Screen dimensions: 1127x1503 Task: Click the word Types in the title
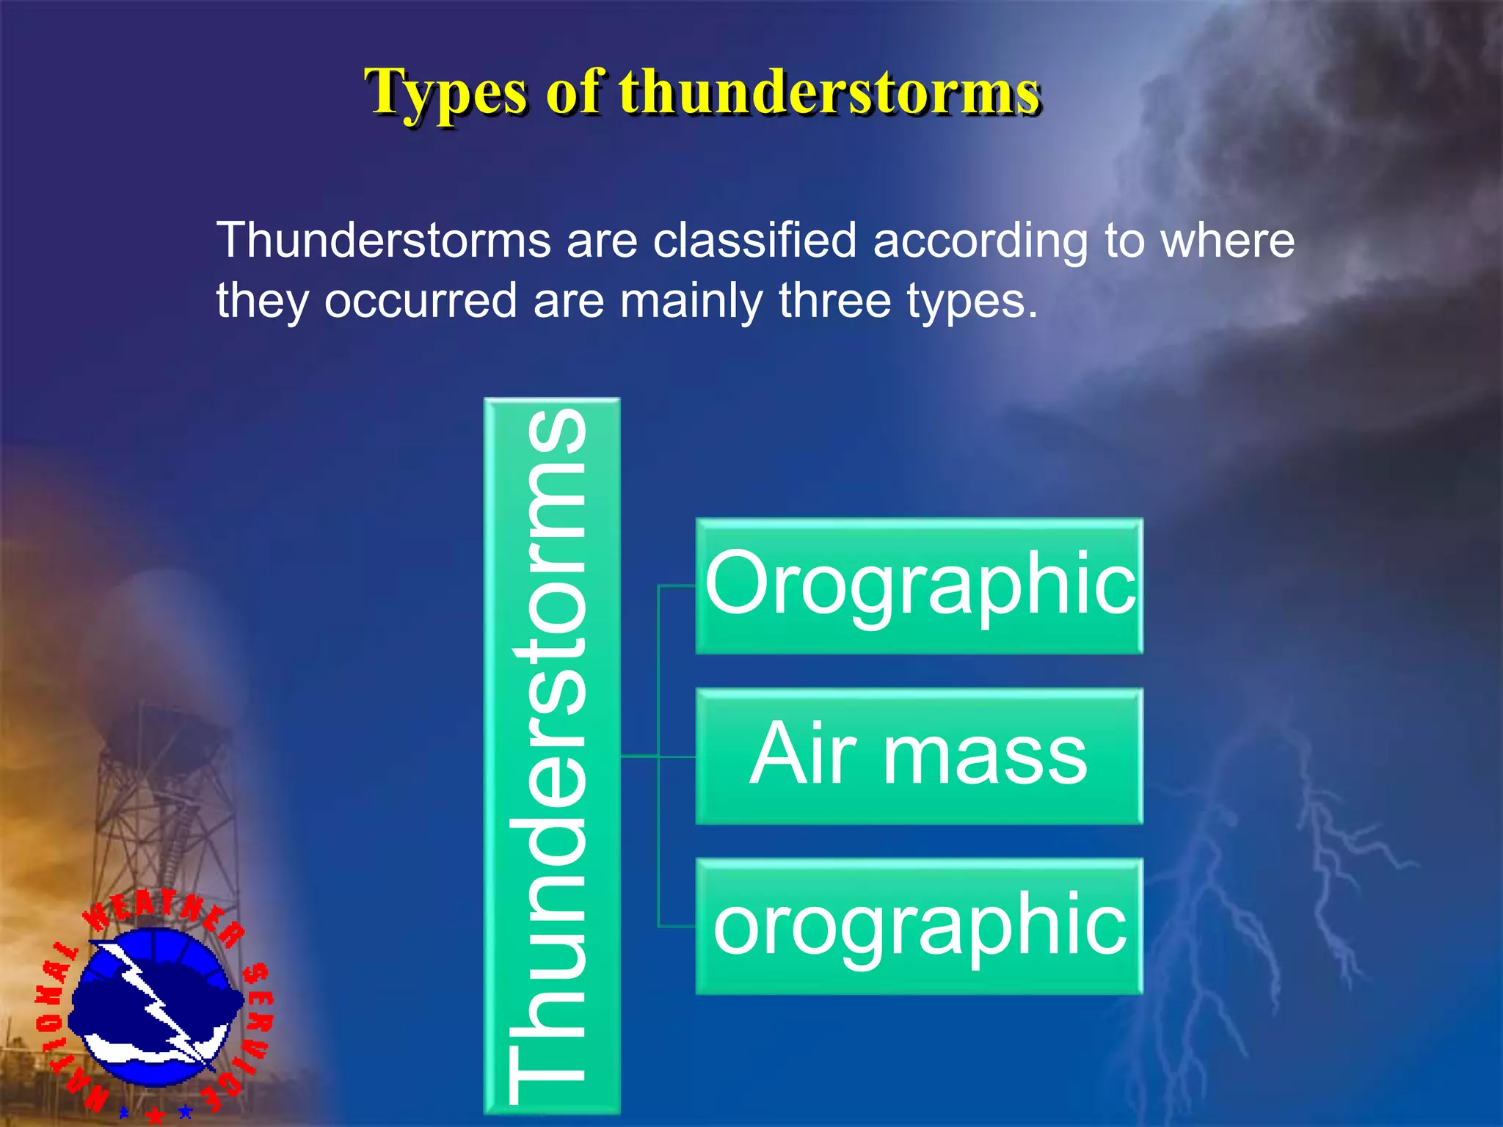pyautogui.click(x=445, y=94)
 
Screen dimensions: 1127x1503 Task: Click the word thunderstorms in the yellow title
pyautogui.click(x=829, y=92)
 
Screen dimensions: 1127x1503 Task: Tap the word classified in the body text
pyautogui.click(x=754, y=240)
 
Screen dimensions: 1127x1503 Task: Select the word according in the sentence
pyautogui.click(x=980, y=241)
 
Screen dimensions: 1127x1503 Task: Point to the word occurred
pyautogui.click(x=421, y=301)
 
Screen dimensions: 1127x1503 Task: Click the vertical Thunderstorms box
pyautogui.click(x=552, y=756)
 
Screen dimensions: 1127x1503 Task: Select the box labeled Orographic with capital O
pyautogui.click(x=919, y=586)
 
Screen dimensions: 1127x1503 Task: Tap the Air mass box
pyautogui.click(x=919, y=756)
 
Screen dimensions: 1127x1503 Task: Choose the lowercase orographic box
pyautogui.click(x=919, y=926)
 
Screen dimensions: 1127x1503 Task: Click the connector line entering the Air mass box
pyautogui.click(x=676, y=756)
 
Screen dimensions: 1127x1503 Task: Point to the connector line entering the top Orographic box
pyautogui.click(x=677, y=586)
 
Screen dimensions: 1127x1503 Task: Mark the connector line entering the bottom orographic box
pyautogui.click(x=677, y=927)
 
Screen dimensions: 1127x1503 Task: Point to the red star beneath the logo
pyautogui.click(x=156, y=1115)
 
